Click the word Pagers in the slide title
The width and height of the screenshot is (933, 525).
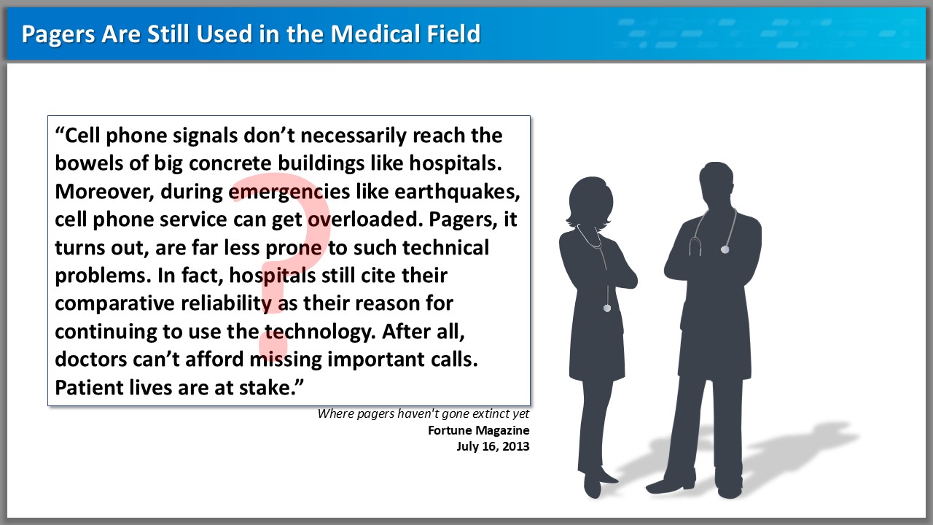[58, 34]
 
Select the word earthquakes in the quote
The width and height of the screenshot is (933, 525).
[457, 192]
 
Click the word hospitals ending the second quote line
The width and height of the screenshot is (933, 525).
[456, 163]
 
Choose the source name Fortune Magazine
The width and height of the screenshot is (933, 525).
[479, 430]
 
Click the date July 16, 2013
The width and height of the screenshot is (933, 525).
[493, 447]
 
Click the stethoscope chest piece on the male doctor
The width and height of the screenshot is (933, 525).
[725, 249]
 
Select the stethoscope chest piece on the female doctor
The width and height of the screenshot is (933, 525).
[607, 308]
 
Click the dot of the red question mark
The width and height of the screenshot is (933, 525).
[273, 343]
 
